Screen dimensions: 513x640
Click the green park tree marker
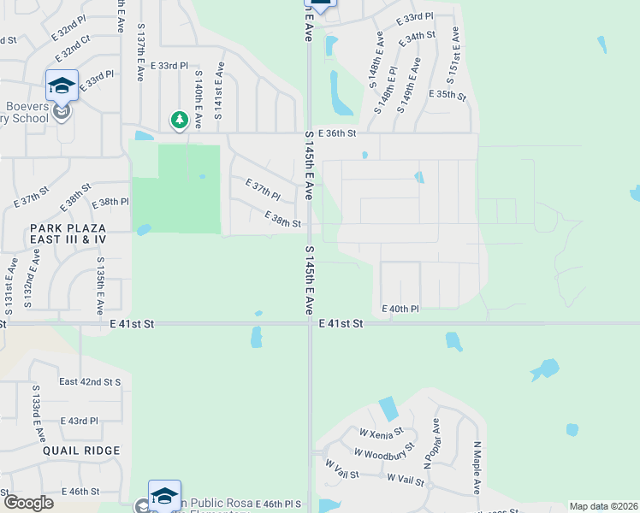pos(179,120)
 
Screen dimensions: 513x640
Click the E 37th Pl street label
pos(263,189)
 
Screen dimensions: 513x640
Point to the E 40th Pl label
pos(400,309)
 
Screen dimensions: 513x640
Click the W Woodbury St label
pos(384,451)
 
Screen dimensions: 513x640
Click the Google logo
pos(28,503)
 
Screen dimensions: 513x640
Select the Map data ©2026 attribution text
pos(603,506)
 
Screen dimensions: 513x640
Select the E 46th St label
pos(82,492)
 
